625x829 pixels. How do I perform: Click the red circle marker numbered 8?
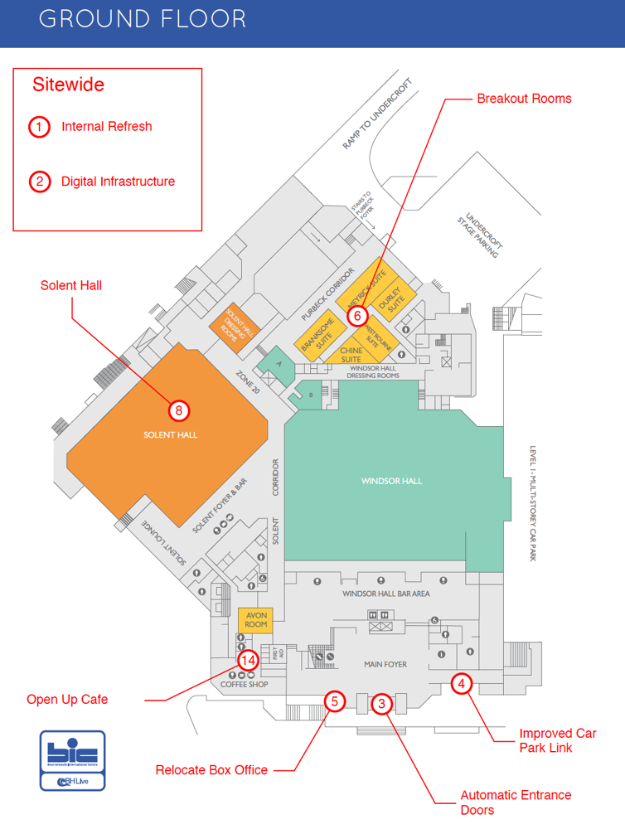[x=178, y=410]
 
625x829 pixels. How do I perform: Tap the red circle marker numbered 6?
[x=357, y=316]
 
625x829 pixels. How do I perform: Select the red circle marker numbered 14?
[x=248, y=660]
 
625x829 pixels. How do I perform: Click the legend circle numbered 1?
[x=40, y=127]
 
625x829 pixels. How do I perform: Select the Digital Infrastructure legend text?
[x=118, y=182]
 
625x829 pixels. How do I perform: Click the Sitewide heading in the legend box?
[x=68, y=85]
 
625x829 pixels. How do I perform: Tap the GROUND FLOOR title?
[x=142, y=20]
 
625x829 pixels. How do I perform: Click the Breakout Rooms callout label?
[x=524, y=99]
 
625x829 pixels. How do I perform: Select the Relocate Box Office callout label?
[x=211, y=770]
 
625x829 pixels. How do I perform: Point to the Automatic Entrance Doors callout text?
[x=516, y=802]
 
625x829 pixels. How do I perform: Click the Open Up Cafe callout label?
[x=67, y=700]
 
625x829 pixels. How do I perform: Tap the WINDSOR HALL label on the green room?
[x=391, y=481]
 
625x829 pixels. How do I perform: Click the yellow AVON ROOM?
[x=255, y=619]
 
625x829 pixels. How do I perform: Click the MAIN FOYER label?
[x=385, y=664]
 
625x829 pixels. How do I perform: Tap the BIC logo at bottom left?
[x=72, y=760]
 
